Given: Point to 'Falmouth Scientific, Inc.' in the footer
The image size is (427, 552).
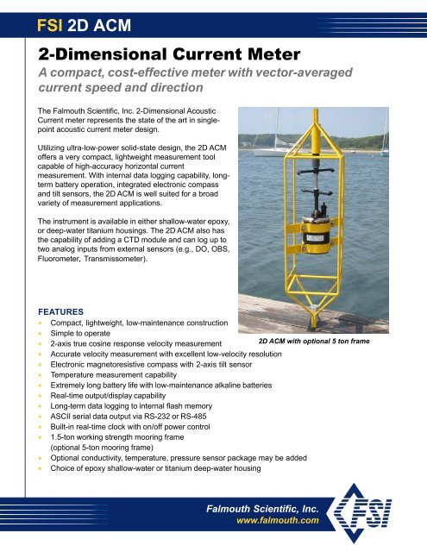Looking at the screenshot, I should click(x=272, y=507).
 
